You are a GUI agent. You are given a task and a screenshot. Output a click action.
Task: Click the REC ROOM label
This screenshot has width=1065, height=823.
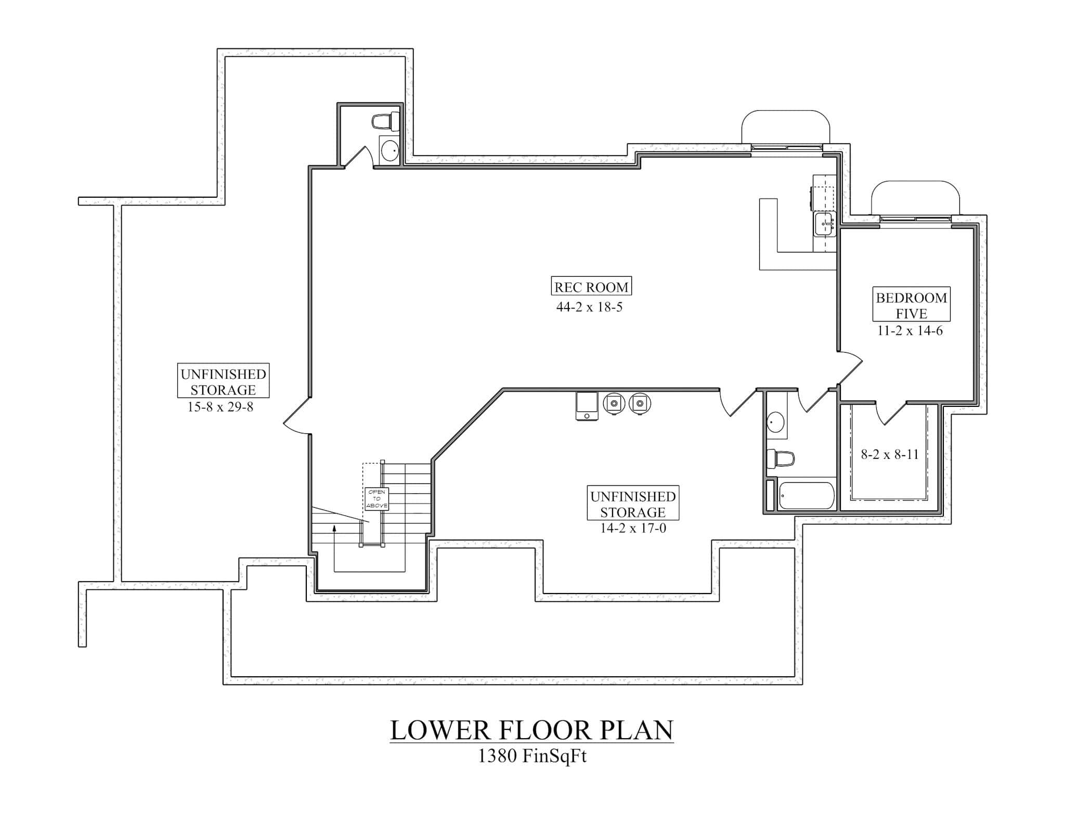click(591, 287)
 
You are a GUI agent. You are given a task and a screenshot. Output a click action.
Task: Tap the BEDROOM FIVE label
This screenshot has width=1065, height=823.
click(911, 305)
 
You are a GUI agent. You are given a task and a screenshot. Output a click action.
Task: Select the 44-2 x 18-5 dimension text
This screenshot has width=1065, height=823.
click(589, 307)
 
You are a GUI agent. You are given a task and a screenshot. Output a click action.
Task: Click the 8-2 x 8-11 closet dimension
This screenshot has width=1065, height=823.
click(890, 454)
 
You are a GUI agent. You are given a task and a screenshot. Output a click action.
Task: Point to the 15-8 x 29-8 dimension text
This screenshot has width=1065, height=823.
click(220, 407)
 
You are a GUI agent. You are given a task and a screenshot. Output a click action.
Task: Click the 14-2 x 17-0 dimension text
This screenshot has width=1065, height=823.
click(633, 529)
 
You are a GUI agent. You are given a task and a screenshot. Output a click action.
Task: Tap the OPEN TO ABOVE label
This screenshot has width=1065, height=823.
click(376, 498)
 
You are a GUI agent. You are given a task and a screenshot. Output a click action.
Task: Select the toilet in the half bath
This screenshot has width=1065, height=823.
click(385, 122)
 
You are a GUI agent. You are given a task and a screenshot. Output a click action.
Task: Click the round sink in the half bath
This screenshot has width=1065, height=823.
click(389, 151)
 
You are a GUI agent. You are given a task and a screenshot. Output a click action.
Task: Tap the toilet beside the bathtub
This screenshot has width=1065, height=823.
click(782, 459)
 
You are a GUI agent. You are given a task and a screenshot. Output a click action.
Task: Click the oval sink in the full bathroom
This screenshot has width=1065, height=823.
click(776, 422)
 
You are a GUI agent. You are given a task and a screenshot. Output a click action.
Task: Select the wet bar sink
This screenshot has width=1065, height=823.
click(824, 224)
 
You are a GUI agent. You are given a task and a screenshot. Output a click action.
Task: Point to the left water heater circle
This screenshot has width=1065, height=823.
click(614, 403)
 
